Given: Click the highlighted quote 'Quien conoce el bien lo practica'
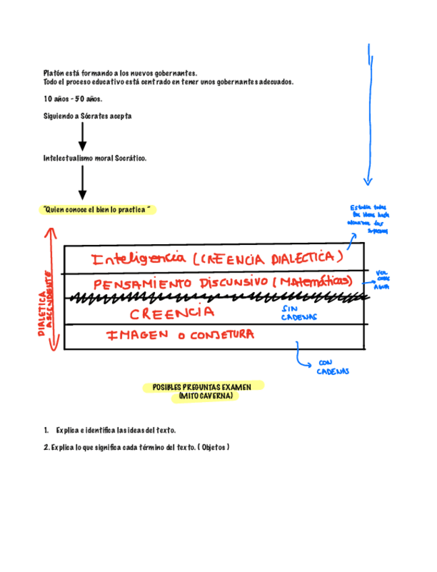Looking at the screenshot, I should pyautogui.click(x=95, y=210).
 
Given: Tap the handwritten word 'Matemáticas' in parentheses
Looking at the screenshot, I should pyautogui.click(x=314, y=281).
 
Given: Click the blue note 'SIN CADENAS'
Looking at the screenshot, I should pyautogui.click(x=295, y=312).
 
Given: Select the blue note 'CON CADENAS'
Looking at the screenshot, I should pyautogui.click(x=332, y=367).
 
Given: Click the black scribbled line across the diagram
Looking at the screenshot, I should pyautogui.click(x=209, y=297).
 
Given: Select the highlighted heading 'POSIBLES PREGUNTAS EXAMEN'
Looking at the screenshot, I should pyautogui.click(x=202, y=387).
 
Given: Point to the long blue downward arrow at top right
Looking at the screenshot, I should pyautogui.click(x=369, y=115).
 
